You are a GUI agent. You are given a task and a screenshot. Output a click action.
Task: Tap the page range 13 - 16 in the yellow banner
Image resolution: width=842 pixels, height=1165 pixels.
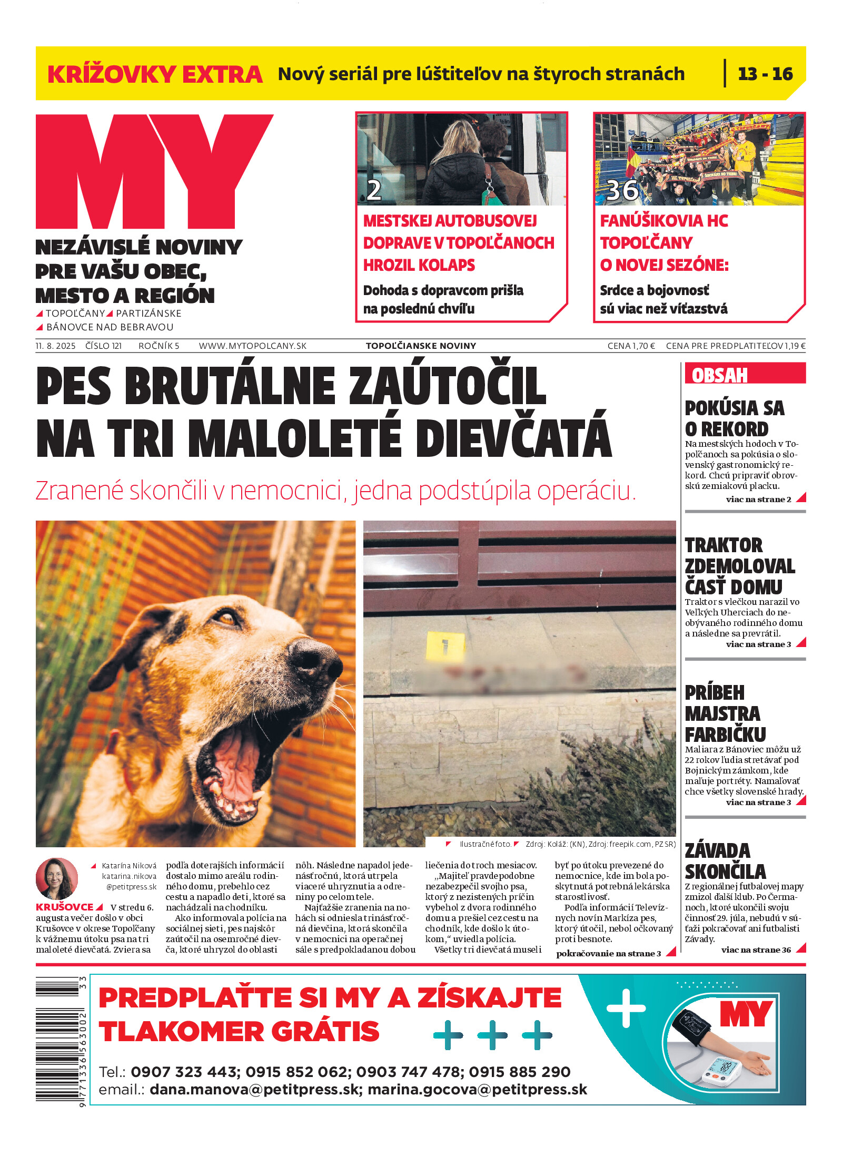[765, 74]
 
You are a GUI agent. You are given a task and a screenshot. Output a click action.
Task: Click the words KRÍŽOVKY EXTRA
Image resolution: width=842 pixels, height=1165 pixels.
[155, 74]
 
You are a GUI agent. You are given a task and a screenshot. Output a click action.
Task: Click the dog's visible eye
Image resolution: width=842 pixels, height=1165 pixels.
[227, 617]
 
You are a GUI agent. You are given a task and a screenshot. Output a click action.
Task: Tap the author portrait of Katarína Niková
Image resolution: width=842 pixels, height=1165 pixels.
[56, 879]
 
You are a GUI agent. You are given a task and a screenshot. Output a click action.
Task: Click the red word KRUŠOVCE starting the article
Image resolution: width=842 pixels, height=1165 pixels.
[64, 907]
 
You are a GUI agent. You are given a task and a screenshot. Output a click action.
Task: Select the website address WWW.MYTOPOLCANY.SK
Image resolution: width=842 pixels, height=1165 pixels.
[252, 346]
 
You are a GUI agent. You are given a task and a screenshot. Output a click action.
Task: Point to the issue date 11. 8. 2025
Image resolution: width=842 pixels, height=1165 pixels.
[55, 346]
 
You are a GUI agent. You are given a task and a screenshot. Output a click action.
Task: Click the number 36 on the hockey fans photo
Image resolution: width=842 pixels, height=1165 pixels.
[622, 190]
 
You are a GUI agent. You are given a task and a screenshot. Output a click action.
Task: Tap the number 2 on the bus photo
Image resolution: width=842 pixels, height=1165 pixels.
[374, 190]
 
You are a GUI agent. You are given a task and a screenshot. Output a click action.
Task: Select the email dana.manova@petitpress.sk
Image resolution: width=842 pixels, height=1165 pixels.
[254, 1089]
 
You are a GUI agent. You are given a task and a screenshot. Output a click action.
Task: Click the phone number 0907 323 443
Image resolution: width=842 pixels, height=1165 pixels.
[184, 1072]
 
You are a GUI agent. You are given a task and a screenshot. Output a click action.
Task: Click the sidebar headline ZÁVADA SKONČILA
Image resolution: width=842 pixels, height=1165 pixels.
[725, 860]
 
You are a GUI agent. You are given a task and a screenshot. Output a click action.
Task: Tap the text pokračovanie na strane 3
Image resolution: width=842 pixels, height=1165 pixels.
[608, 953]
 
